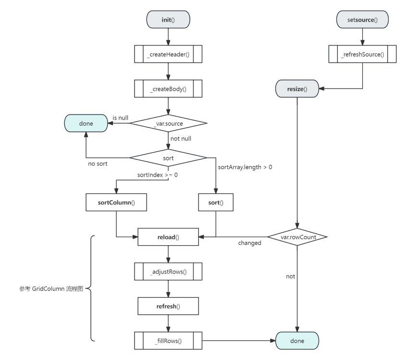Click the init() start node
click(x=168, y=20)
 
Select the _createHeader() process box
click(x=168, y=54)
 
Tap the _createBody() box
click(x=168, y=89)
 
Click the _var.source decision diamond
click(x=168, y=123)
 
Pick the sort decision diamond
click(x=168, y=157)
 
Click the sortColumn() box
click(x=116, y=203)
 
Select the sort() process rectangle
click(x=216, y=203)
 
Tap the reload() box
click(x=168, y=237)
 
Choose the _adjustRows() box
click(x=168, y=272)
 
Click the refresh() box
click(x=168, y=306)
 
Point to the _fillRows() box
click(x=168, y=341)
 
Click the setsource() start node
click(x=362, y=20)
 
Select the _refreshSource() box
click(x=362, y=54)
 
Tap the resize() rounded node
click(x=297, y=89)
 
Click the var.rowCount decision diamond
click(x=297, y=237)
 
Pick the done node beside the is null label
click(x=86, y=123)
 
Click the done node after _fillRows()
click(x=297, y=341)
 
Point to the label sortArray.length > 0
click(x=245, y=167)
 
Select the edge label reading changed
click(x=250, y=243)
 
